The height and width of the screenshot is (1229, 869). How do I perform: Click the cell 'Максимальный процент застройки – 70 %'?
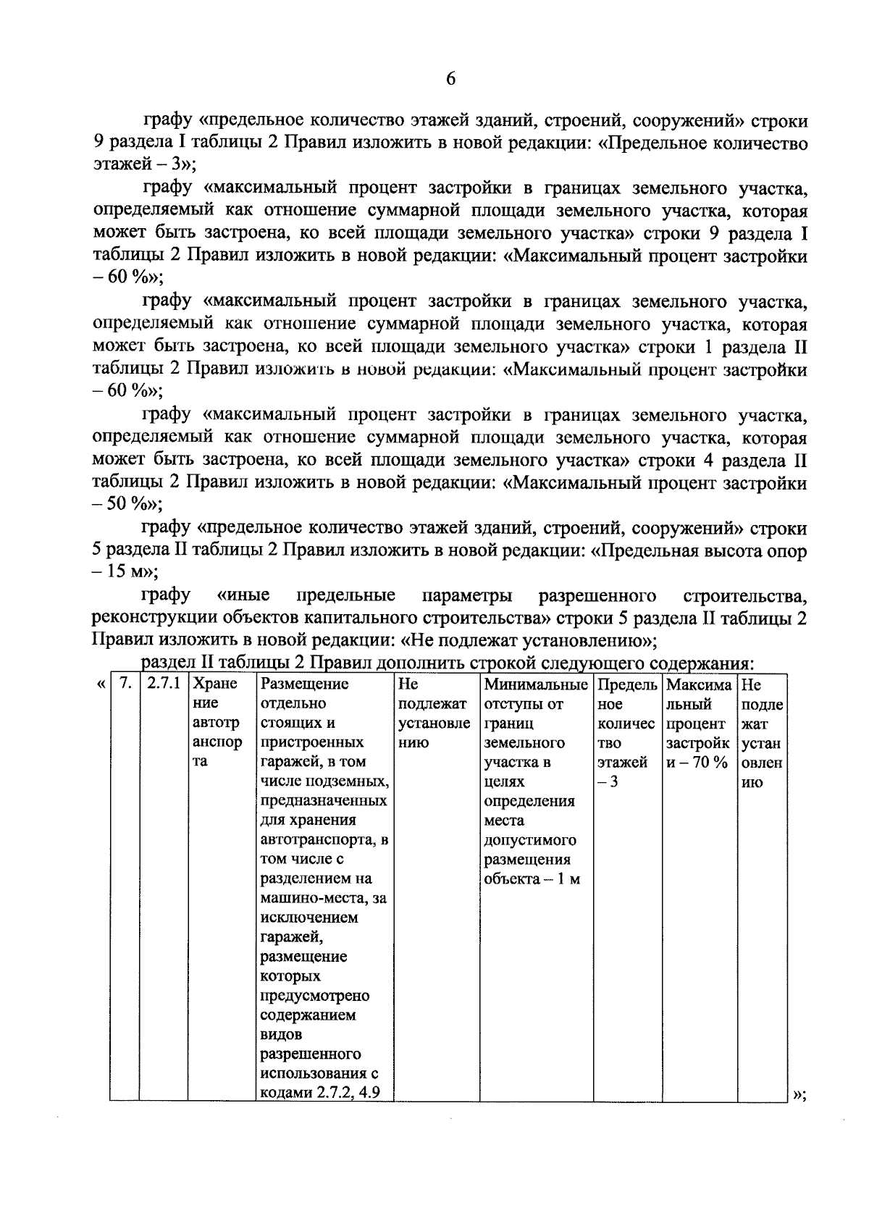(699, 723)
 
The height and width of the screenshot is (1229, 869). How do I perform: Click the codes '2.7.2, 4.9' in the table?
(349, 1094)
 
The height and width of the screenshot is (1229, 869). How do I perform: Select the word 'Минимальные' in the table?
(534, 684)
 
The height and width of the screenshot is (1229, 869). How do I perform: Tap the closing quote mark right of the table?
(799, 1095)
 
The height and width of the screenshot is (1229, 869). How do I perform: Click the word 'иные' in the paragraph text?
(243, 595)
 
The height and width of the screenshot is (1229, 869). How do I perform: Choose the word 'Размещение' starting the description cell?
(304, 684)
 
